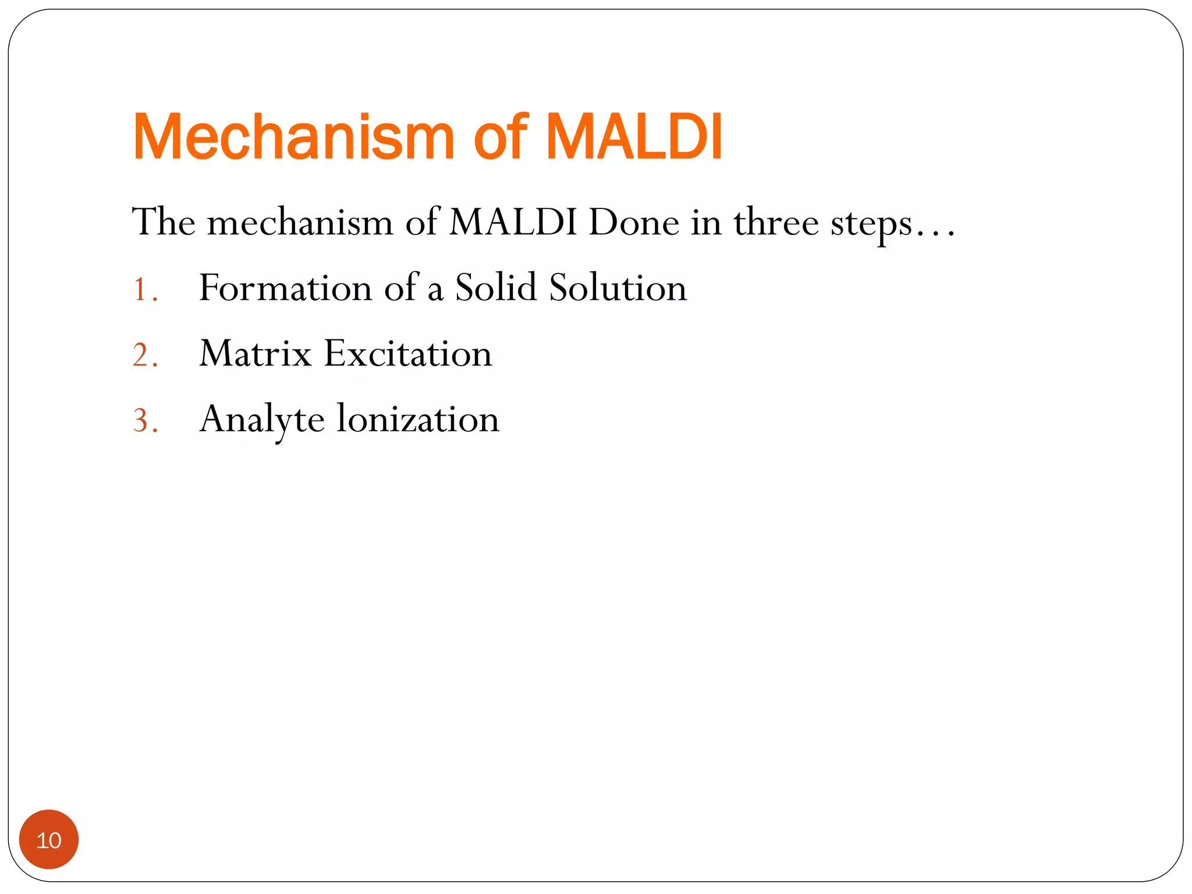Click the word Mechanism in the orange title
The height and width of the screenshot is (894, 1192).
[293, 137]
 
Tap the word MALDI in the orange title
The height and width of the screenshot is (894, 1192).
[634, 137]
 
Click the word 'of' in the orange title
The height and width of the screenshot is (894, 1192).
[500, 137]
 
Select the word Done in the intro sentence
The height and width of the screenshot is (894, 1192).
[633, 222]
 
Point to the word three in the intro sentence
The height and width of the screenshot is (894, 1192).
[775, 222]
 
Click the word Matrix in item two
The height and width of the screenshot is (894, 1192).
[256, 354]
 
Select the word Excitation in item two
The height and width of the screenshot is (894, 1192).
[407, 354]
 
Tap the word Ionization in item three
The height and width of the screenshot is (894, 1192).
[417, 419]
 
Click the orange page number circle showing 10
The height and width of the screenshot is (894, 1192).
[49, 839]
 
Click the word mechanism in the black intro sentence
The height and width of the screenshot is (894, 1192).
[300, 222]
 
